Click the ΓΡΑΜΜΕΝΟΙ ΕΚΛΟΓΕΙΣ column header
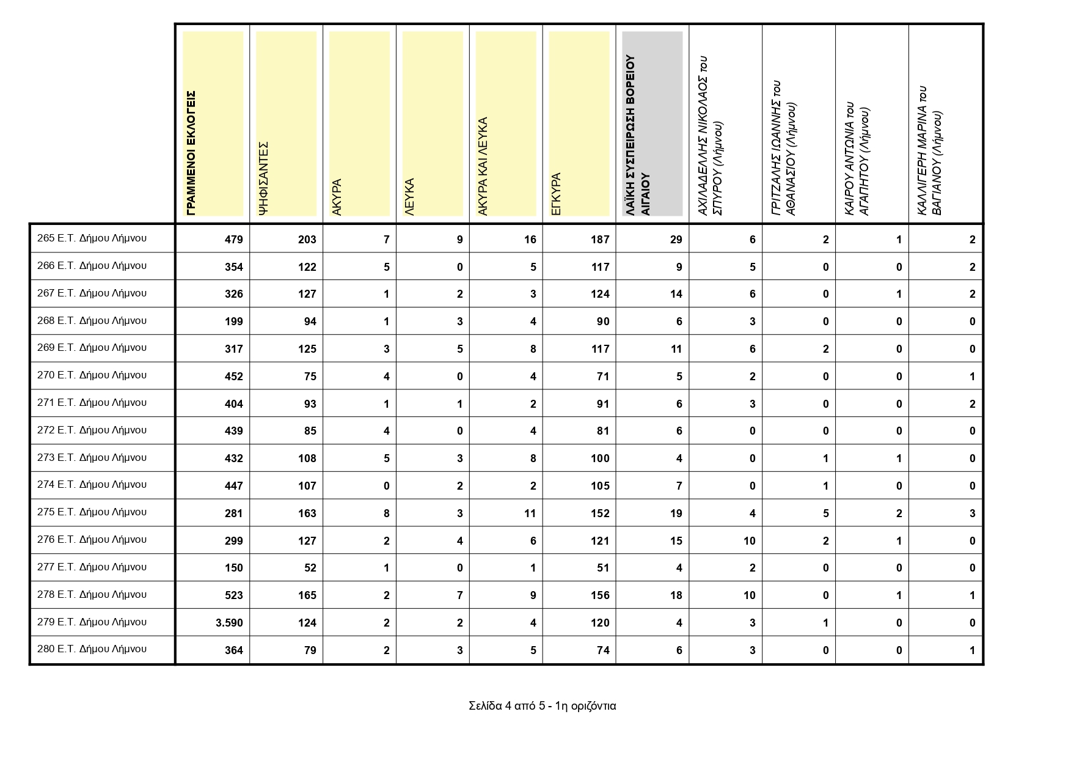(191, 153)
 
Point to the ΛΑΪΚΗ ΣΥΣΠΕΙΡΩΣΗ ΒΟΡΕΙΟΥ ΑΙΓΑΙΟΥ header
(638, 134)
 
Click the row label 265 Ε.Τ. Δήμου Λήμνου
(92, 238)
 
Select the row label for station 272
(92, 430)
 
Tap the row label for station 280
(92, 649)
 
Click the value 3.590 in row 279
(229, 623)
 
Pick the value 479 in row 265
(233, 240)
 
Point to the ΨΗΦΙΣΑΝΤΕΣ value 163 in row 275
(307, 513)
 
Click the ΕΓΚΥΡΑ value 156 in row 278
(600, 595)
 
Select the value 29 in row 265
(676, 240)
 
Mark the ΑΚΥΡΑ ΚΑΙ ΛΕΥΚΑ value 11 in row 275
(530, 513)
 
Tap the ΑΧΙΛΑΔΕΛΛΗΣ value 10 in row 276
(749, 541)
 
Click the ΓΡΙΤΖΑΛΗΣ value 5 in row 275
(825, 513)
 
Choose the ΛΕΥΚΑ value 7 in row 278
(459, 595)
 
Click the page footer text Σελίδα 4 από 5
(542, 706)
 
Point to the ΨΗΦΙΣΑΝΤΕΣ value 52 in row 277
(310, 568)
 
